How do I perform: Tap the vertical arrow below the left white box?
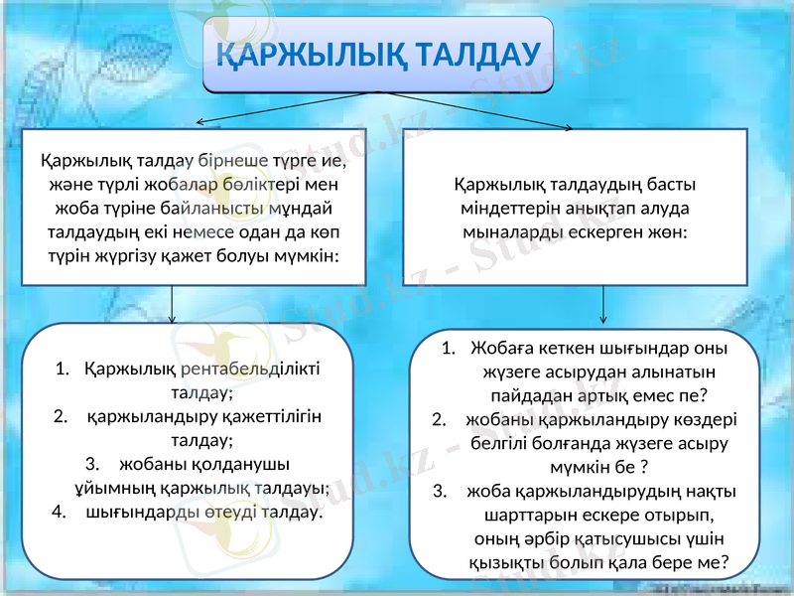173,304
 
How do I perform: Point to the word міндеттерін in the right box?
505,208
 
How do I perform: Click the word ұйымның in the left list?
109,488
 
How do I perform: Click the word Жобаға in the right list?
502,349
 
